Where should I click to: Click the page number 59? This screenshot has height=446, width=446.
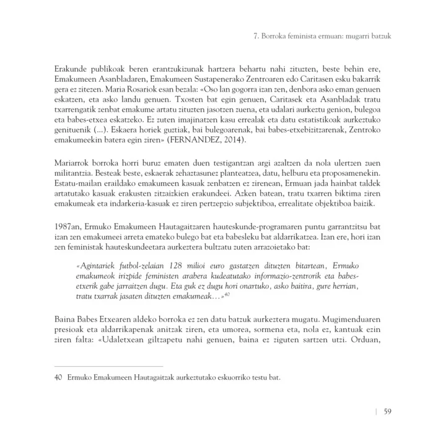click(x=385, y=411)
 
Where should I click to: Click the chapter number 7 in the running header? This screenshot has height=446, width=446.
click(x=256, y=36)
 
